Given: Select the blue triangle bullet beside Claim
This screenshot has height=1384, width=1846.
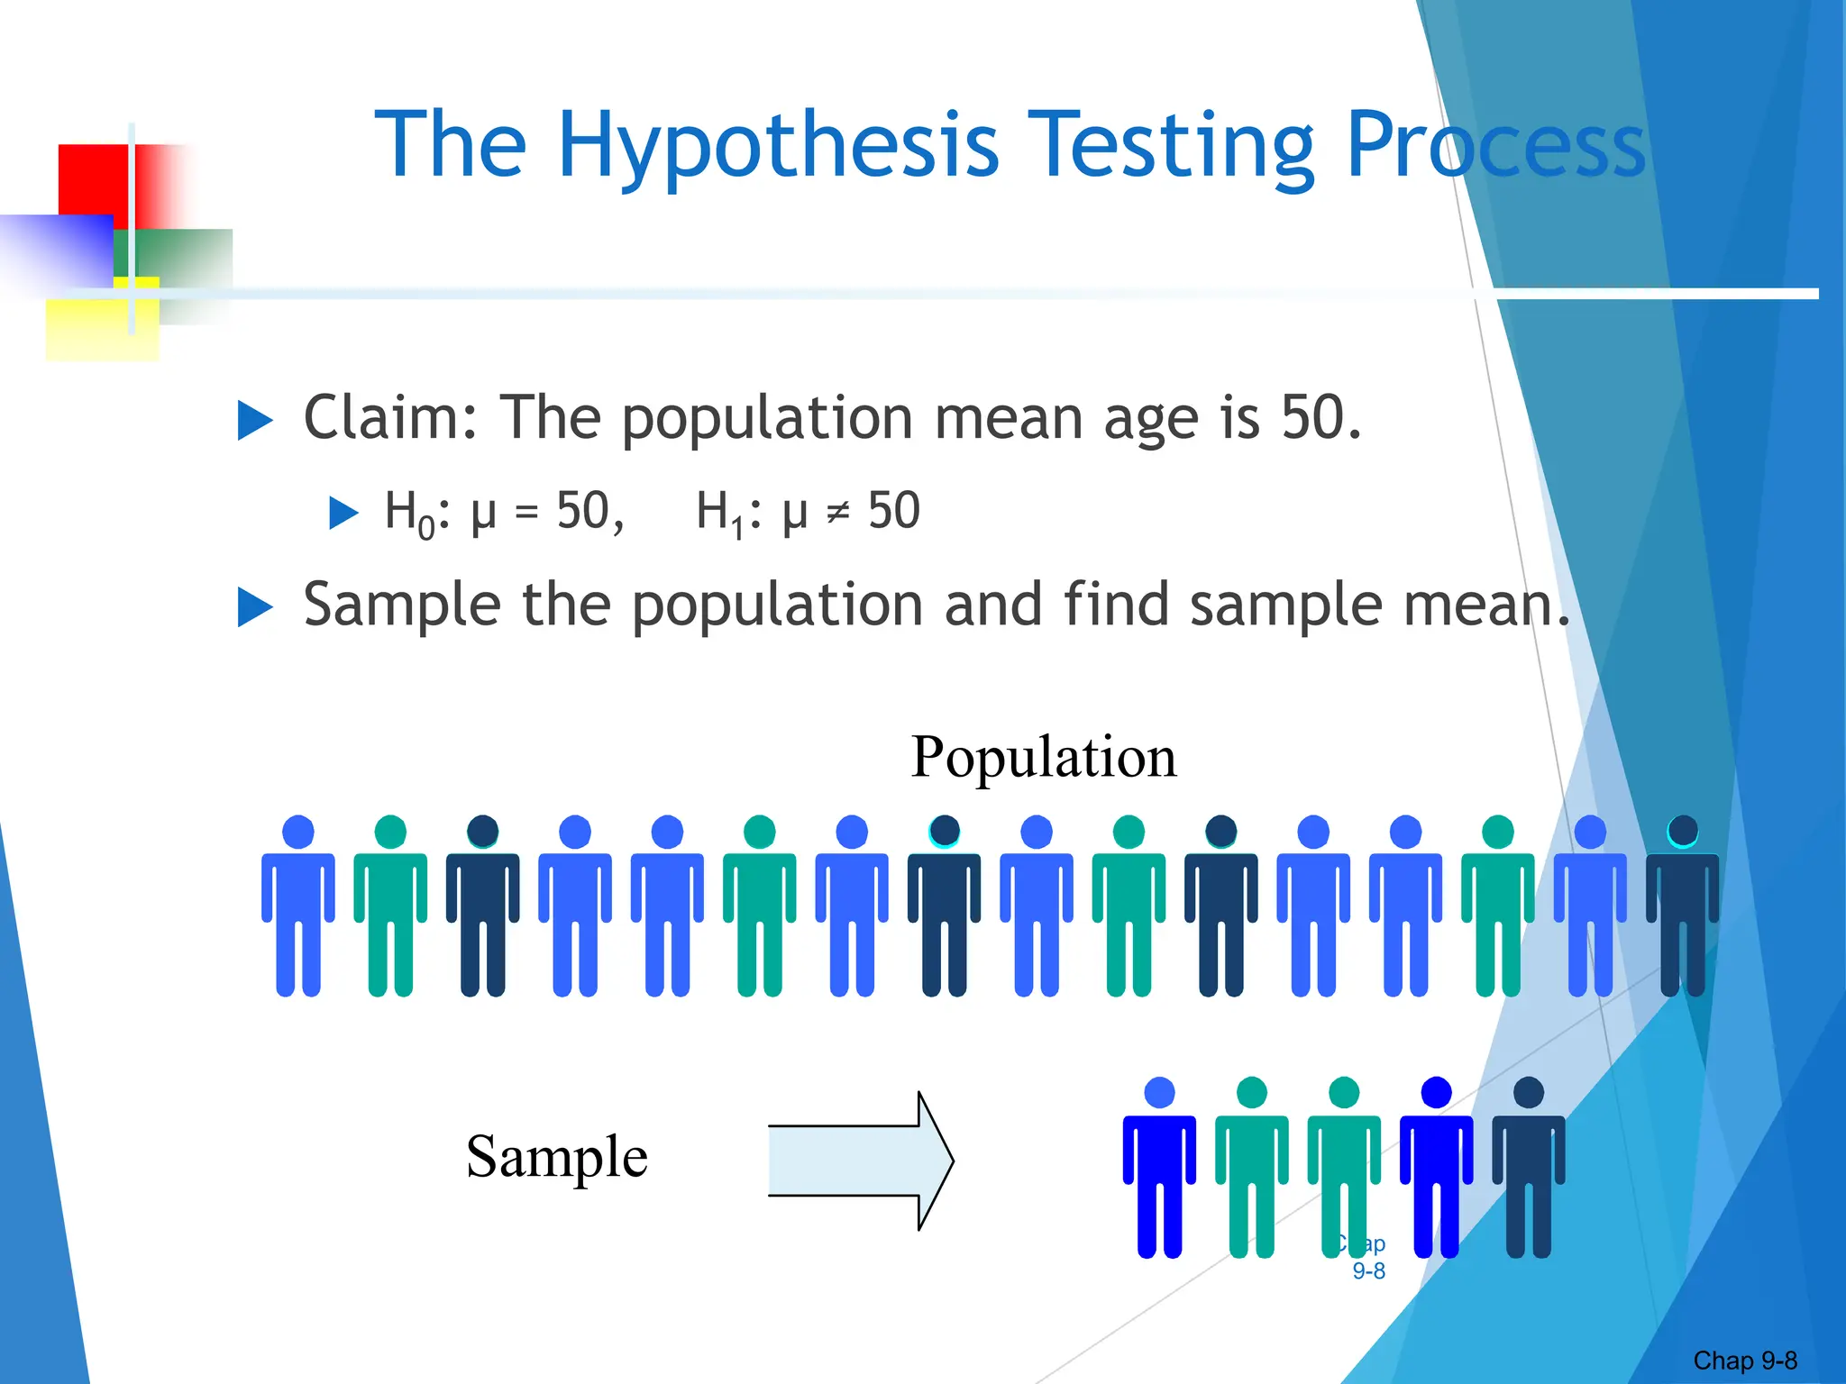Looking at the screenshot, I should (255, 421).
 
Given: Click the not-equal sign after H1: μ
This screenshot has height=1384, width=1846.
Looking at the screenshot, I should (838, 513).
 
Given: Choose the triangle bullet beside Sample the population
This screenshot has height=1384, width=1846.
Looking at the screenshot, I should (255, 607).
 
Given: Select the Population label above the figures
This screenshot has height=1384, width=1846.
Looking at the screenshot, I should (1043, 757).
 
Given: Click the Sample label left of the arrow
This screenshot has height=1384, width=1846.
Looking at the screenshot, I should (556, 1156).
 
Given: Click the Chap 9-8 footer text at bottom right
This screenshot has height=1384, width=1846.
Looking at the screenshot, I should (1744, 1361).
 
